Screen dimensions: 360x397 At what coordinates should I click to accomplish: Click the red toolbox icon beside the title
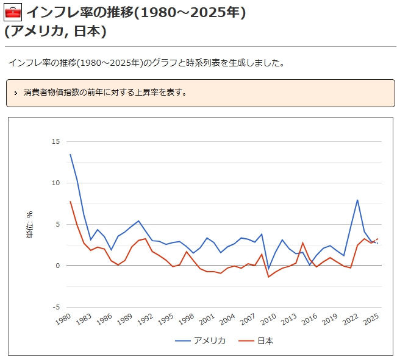tap(13, 12)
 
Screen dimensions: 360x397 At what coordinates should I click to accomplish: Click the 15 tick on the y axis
tap(55, 141)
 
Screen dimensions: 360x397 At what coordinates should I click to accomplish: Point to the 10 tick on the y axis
tap(55, 183)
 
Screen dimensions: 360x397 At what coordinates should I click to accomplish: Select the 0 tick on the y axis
tap(58, 266)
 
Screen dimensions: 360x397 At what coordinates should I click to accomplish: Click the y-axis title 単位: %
tap(30, 224)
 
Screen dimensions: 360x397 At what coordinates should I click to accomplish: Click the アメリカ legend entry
tap(201, 341)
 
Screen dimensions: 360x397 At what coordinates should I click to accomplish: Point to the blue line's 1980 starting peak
tap(70, 154)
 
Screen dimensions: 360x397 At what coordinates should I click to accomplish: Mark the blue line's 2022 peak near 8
tap(357, 200)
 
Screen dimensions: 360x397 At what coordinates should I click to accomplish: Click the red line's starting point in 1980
tap(70, 202)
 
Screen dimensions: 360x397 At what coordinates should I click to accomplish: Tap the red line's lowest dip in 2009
tap(268, 277)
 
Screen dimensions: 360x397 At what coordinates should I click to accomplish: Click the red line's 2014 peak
tap(302, 242)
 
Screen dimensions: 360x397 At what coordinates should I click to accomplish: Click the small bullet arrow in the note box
tap(15, 93)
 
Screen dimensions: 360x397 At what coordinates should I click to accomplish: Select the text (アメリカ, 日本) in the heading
tap(55, 31)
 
